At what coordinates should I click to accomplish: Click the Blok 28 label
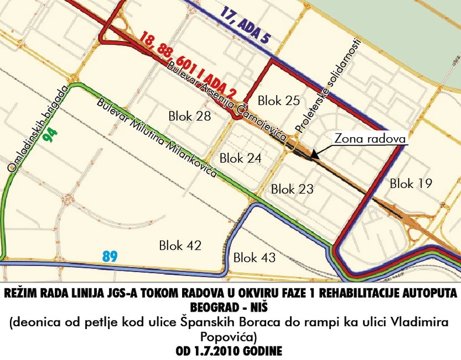coord(190,116)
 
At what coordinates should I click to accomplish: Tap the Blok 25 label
coord(278,100)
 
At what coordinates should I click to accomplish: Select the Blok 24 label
coord(240,158)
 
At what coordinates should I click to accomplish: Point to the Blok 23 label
coord(292,189)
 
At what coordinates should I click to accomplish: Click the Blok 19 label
coord(411,183)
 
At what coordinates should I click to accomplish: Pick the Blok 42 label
coord(180,246)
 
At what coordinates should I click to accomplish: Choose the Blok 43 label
coord(254,257)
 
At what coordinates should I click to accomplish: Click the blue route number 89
coord(110,256)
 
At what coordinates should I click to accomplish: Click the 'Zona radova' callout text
coord(369,139)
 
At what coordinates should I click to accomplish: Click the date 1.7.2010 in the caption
coord(219,352)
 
